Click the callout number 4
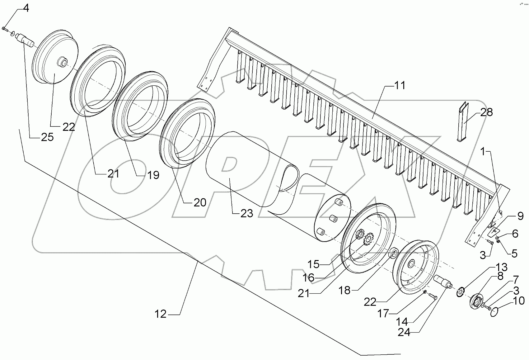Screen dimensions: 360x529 tap(26, 8)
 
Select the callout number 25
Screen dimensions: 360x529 tap(47, 137)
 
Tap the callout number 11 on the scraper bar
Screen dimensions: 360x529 tap(400, 85)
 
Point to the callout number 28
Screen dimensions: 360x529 tap(487, 112)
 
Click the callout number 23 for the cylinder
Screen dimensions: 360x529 tap(246, 213)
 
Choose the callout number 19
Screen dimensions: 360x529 tap(152, 175)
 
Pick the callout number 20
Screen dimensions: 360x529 tap(200, 203)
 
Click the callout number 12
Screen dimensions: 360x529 tap(161, 314)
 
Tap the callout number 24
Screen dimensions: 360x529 tap(404, 332)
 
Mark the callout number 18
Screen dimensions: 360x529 tap(344, 291)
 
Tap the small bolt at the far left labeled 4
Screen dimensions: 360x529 tap(4, 28)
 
